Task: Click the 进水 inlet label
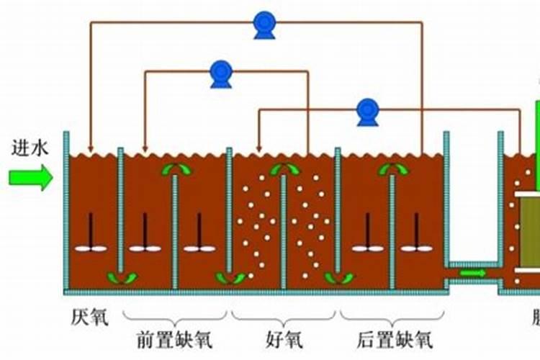point(30,149)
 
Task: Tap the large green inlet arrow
point(31,176)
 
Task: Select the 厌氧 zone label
point(89,317)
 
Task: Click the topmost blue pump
point(264,24)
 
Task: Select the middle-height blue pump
point(220,73)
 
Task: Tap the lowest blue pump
point(368,112)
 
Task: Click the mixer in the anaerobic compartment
point(90,237)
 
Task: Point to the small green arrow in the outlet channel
point(472,274)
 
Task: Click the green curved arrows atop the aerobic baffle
point(284,170)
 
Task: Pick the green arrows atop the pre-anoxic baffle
point(176,170)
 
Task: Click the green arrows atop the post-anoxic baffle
point(393,170)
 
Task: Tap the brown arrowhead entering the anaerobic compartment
point(90,147)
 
